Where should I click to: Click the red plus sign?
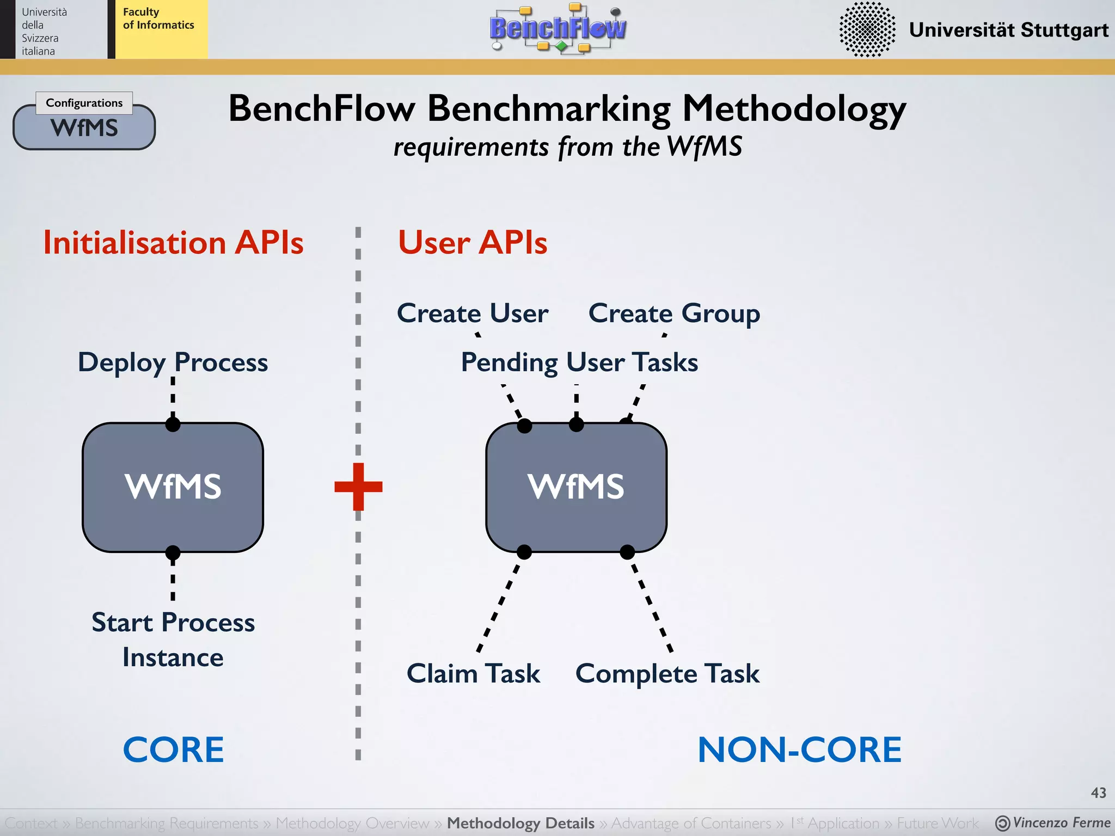coord(358,486)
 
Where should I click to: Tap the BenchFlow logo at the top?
coord(557,28)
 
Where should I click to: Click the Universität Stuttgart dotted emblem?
coord(867,29)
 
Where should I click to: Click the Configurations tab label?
coord(84,103)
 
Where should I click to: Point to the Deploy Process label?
coord(173,362)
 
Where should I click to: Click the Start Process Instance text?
coord(173,640)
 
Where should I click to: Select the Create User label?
coord(473,313)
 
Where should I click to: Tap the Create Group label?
coord(674,313)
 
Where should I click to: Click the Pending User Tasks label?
coord(579,362)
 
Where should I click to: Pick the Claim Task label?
coord(473,673)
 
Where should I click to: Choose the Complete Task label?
coord(667,674)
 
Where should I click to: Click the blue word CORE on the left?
coord(173,749)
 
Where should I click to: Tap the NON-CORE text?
coord(799,749)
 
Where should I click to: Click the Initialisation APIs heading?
coord(173,242)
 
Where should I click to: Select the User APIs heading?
coord(473,242)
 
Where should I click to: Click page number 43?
coord(1098,792)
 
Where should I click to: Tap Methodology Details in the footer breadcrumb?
coord(520,823)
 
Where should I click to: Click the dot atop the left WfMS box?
coord(173,424)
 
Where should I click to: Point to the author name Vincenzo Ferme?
coord(1061,822)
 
